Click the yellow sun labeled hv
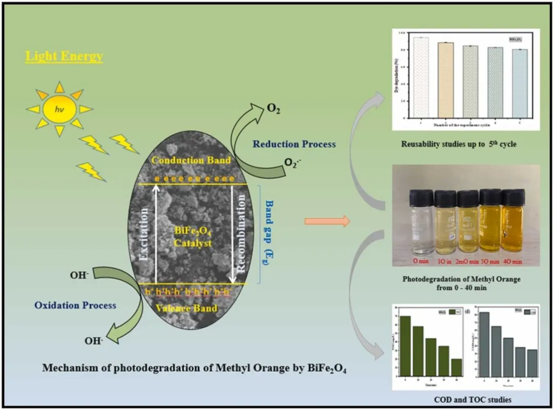tap(60, 108)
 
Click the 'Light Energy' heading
tap(64, 56)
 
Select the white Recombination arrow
tap(232, 233)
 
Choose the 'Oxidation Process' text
tap(75, 306)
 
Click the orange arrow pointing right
tap(327, 222)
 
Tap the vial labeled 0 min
tap(420, 225)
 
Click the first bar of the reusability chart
tap(421, 77)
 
